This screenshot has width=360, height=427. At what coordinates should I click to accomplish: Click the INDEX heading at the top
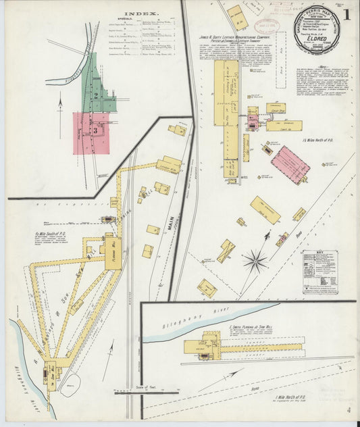(94, 13)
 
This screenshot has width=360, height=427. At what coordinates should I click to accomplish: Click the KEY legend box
(319, 272)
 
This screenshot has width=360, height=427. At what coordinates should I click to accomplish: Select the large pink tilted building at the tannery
(290, 164)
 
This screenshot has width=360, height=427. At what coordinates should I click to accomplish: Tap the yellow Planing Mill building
(113, 251)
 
